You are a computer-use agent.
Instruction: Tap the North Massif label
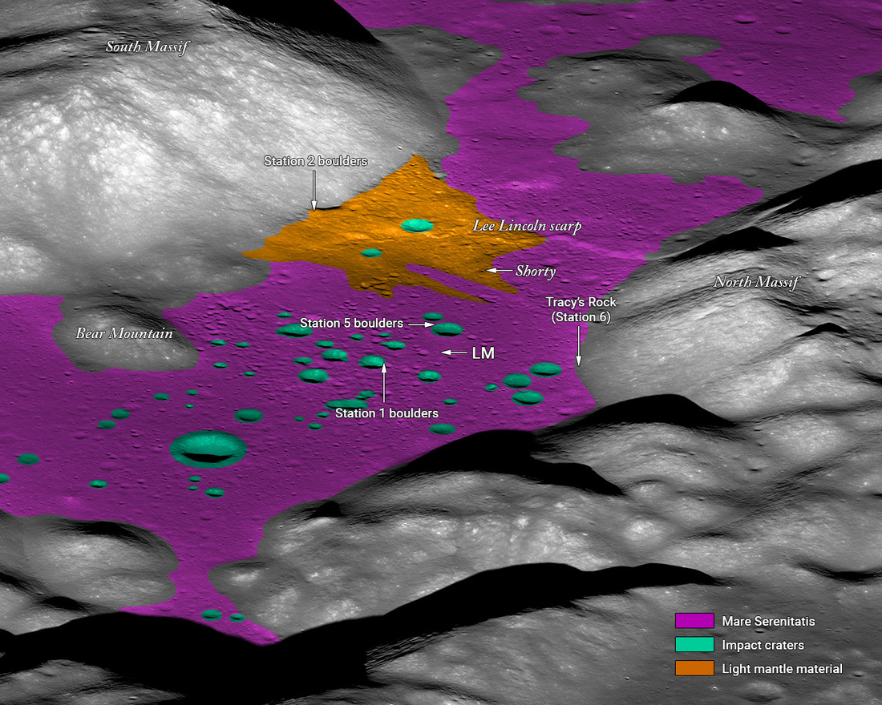tap(757, 282)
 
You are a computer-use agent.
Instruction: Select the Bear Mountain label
tap(124, 333)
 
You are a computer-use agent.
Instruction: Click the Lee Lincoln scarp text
tap(527, 227)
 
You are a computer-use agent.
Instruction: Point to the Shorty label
tap(536, 272)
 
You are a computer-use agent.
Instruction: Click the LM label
tap(483, 352)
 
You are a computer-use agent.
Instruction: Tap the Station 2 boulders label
tap(315, 161)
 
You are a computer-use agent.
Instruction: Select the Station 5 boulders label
tap(351, 324)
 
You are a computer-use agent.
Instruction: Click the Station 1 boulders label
tap(386, 413)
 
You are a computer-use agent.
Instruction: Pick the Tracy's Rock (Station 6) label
tap(581, 309)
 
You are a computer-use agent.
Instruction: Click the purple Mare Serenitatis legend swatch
tap(694, 621)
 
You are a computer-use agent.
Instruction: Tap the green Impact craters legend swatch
tap(694, 645)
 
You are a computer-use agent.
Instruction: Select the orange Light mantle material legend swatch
tap(694, 668)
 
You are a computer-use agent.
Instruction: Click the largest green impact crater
tap(208, 449)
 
